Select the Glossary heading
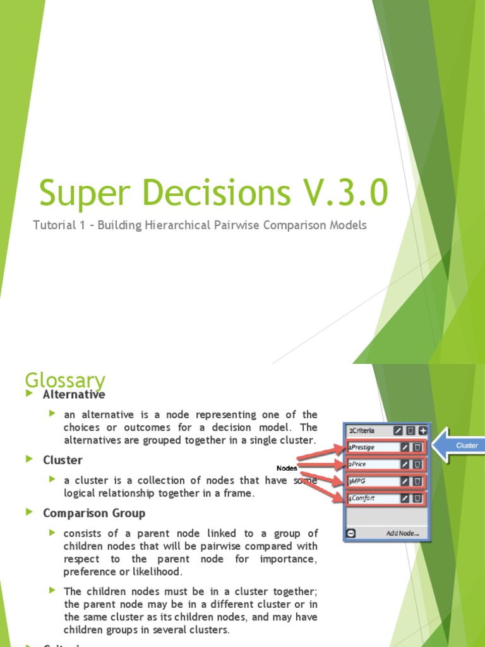(64, 380)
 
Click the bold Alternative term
(74, 394)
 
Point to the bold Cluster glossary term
(63, 460)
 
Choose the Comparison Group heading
(94, 513)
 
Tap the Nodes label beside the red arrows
(287, 468)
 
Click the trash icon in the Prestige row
(417, 447)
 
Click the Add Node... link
(402, 533)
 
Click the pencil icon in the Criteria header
(398, 431)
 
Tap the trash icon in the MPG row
(417, 481)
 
